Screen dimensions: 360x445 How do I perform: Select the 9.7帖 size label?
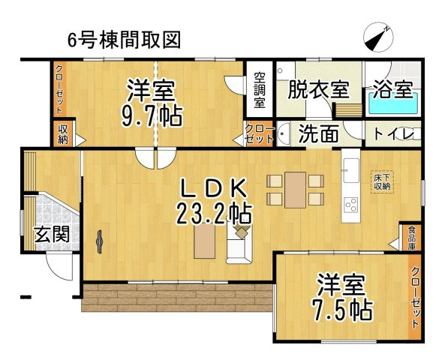point(152,116)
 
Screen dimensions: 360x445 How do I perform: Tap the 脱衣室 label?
point(318,90)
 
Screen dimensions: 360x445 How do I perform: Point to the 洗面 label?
point(318,135)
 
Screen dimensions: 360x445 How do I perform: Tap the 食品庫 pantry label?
point(412,237)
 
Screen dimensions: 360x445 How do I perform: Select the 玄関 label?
point(52,235)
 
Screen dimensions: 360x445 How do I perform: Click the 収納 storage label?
point(64,134)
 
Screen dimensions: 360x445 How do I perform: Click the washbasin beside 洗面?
point(284,135)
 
